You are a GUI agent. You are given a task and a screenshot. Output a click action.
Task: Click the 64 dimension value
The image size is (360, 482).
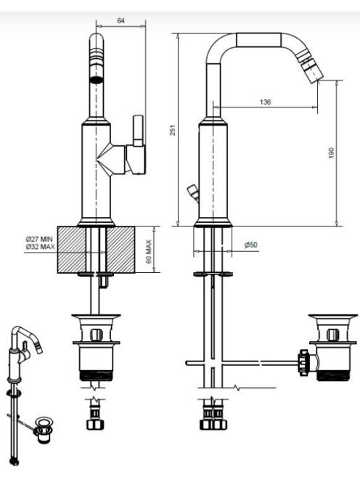120,20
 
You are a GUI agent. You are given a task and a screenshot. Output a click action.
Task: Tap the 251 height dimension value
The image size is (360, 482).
173,130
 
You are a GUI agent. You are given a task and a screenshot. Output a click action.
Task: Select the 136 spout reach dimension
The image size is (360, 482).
265,102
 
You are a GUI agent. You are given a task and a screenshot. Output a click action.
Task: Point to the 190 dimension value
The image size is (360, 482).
331,152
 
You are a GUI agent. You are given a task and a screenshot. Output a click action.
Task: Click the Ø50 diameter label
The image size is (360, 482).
251,245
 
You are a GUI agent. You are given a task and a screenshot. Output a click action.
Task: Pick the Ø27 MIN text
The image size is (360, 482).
39,239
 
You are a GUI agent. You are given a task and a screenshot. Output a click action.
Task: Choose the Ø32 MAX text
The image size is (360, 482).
40,247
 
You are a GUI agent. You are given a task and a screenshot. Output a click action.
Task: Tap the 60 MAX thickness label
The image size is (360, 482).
149,251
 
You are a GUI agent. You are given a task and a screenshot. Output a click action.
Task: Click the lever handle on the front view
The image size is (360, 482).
138,131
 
